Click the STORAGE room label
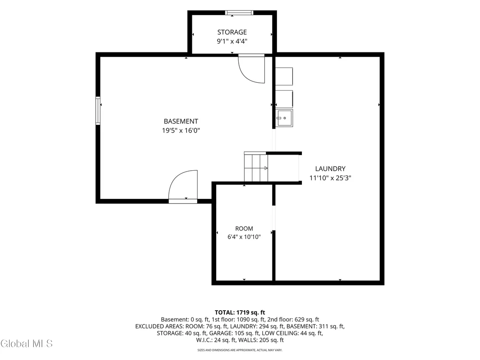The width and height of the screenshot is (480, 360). point(232,32)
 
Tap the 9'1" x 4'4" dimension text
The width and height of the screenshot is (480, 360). point(232,41)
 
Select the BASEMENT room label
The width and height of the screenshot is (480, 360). point(181,121)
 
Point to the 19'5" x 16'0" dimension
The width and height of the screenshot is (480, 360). point(181,131)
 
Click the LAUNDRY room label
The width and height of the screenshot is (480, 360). point(330,169)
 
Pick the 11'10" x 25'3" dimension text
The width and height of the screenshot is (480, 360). point(330,178)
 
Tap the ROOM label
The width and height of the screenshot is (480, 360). point(244,228)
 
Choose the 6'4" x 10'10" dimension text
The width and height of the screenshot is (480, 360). point(244,237)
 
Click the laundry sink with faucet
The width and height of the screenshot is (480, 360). point(284,118)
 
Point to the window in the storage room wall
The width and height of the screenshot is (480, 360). point(239,13)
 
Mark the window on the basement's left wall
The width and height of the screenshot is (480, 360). point(98,110)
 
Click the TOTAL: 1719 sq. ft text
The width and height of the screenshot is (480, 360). point(240,312)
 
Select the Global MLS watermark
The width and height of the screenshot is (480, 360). point(26,344)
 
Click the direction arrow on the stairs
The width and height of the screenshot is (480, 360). point(266,168)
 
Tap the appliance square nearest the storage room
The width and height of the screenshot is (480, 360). point(284,76)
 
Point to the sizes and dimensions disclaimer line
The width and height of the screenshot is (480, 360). point(240,350)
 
